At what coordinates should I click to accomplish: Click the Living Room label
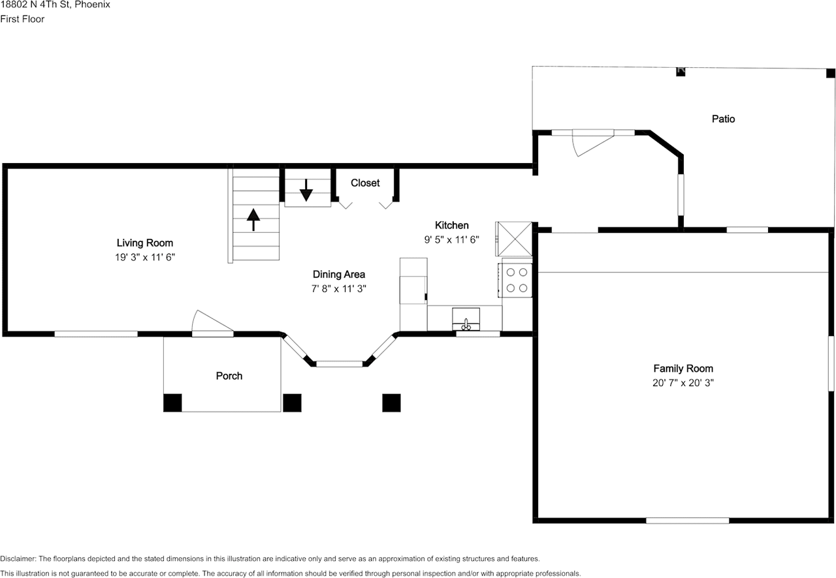pyautogui.click(x=144, y=243)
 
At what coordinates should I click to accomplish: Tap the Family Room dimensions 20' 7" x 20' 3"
pyautogui.click(x=683, y=383)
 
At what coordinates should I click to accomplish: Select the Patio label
pyautogui.click(x=723, y=119)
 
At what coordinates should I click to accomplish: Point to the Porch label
pyautogui.click(x=229, y=376)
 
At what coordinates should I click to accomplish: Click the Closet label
pyautogui.click(x=365, y=183)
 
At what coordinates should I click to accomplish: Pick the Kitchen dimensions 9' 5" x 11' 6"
pyautogui.click(x=452, y=239)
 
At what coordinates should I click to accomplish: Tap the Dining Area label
pyautogui.click(x=338, y=275)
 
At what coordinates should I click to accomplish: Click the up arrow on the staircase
pyautogui.click(x=253, y=219)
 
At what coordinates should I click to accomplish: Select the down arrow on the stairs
pyautogui.click(x=306, y=190)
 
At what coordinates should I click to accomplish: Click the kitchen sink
pyautogui.click(x=466, y=319)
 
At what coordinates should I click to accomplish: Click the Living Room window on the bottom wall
pyautogui.click(x=96, y=334)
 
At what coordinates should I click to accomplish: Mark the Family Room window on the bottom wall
pyautogui.click(x=687, y=520)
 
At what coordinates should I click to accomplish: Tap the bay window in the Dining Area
pyautogui.click(x=339, y=363)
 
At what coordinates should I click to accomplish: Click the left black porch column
pyautogui.click(x=172, y=403)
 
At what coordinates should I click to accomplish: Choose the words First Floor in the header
pyautogui.click(x=22, y=19)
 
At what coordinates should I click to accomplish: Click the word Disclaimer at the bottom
pyautogui.click(x=18, y=559)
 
